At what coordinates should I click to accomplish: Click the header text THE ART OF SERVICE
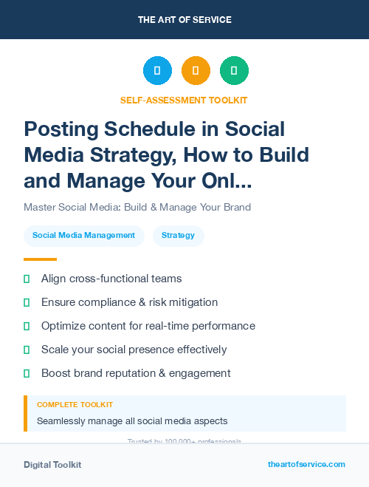click(x=184, y=19)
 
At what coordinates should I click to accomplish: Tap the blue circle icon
click(x=157, y=71)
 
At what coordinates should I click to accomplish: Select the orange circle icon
click(x=196, y=71)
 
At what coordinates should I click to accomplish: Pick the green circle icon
click(x=234, y=71)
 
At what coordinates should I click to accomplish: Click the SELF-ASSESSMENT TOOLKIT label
click(x=184, y=100)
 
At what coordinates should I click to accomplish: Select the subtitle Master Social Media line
click(x=137, y=207)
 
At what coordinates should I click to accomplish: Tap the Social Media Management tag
click(x=83, y=236)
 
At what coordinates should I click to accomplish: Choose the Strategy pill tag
click(x=178, y=236)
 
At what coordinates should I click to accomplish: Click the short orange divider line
click(x=40, y=259)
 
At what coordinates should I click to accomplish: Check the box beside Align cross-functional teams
click(x=27, y=279)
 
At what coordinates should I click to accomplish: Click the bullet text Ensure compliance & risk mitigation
click(x=129, y=302)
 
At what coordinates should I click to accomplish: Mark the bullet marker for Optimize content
click(x=27, y=326)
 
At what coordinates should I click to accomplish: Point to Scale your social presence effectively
click(x=134, y=350)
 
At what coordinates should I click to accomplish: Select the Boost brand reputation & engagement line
click(x=136, y=373)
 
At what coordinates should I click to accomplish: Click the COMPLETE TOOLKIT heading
click(x=75, y=405)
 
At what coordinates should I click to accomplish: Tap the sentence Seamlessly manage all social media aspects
click(x=132, y=421)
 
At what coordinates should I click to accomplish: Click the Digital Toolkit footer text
click(x=52, y=465)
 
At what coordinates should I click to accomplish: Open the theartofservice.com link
click(x=306, y=464)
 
